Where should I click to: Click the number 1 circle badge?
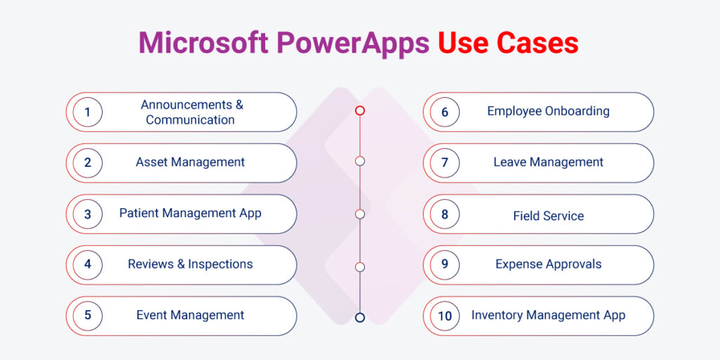[x=88, y=112]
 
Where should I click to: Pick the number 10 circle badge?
[x=444, y=316]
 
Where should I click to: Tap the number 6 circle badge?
[x=444, y=112]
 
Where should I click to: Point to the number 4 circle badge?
[x=88, y=265]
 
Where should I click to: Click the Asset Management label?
[x=190, y=162]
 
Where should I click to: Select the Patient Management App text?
[x=190, y=213]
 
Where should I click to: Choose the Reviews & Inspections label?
[x=190, y=264]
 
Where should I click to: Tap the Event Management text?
[x=190, y=315]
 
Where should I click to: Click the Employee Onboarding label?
[x=548, y=111]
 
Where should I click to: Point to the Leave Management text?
[x=548, y=162]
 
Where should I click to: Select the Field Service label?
[x=548, y=216]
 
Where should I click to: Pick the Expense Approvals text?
[x=548, y=264]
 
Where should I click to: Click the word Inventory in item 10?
[x=496, y=315]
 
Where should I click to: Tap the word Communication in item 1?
[x=190, y=120]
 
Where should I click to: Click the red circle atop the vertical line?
[x=360, y=110]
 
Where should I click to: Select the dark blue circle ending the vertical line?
[x=360, y=317]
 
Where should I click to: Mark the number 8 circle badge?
[x=444, y=214]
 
